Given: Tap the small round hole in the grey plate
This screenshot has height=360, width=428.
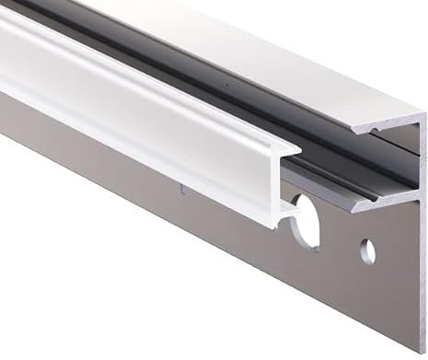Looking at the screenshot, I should tap(366, 249).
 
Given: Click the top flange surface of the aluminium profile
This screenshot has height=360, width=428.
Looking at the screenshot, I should tap(276, 55).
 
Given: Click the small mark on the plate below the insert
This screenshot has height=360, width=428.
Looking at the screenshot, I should tap(182, 191).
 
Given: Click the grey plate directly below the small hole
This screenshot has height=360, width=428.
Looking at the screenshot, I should tap(367, 295).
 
